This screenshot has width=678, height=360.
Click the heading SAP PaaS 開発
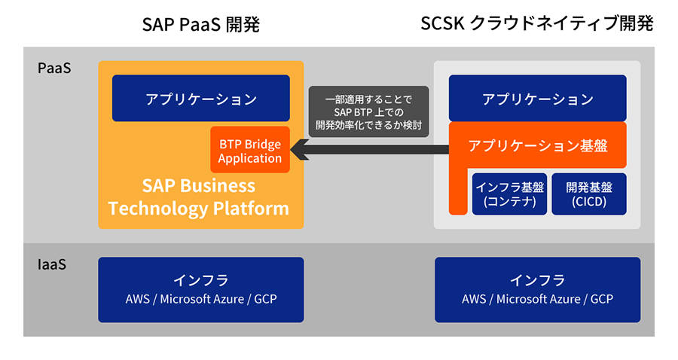pyautogui.click(x=200, y=26)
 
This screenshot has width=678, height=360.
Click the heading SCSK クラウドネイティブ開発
pyautogui.click(x=536, y=25)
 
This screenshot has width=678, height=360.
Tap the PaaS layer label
pyautogui.click(x=54, y=69)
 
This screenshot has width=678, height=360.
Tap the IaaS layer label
pyautogui.click(x=52, y=265)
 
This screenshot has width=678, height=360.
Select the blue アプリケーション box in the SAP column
pyautogui.click(x=201, y=99)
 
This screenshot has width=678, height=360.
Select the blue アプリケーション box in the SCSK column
pyautogui.click(x=537, y=99)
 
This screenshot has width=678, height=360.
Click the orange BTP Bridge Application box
pyautogui.click(x=250, y=151)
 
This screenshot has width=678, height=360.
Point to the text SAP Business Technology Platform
pyautogui.click(x=198, y=197)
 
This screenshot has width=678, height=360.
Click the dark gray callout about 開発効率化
pyautogui.click(x=368, y=111)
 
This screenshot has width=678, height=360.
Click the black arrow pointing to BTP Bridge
pyautogui.click(x=369, y=152)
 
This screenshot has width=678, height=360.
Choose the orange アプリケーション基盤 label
pyautogui.click(x=537, y=145)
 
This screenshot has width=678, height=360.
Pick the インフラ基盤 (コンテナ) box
pyautogui.click(x=509, y=194)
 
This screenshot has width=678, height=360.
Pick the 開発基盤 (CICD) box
pyautogui.click(x=589, y=194)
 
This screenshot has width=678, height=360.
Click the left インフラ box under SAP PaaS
pyautogui.click(x=201, y=290)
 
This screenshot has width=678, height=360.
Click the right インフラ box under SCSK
pyautogui.click(x=537, y=290)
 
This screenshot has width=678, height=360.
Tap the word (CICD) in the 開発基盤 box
pyautogui.click(x=589, y=203)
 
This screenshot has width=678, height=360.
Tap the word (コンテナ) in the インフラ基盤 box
pyautogui.click(x=509, y=203)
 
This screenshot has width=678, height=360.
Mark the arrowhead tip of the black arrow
pyautogui.click(x=294, y=152)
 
